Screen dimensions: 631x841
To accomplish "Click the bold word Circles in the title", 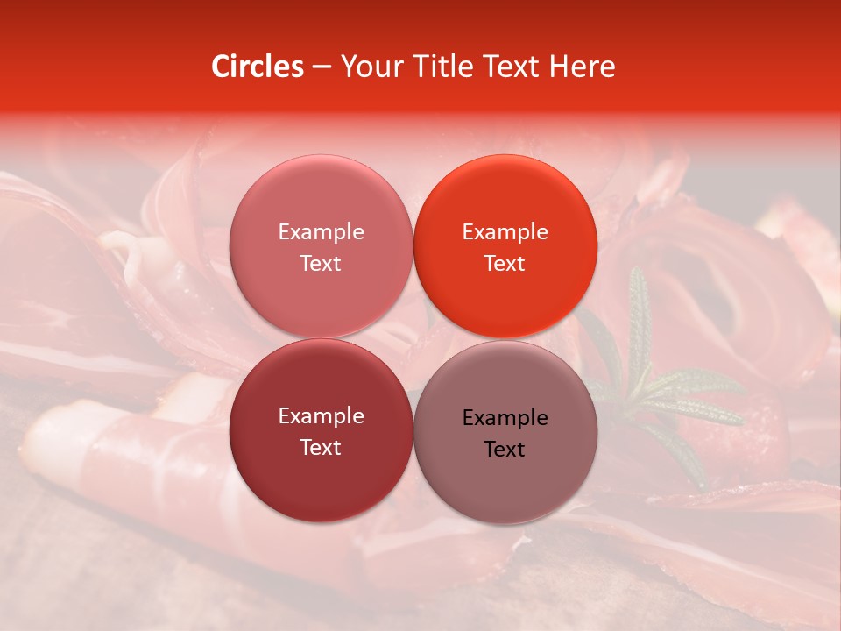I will click(x=257, y=67).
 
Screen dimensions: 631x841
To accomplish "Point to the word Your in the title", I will click(x=368, y=67).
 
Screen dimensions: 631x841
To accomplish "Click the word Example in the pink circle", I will click(x=321, y=232).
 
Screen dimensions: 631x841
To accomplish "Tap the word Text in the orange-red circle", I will click(x=505, y=264).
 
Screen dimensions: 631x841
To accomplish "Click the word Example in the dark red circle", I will click(x=321, y=416).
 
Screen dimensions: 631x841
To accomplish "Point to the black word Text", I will click(x=505, y=450).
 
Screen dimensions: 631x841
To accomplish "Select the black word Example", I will click(x=505, y=418).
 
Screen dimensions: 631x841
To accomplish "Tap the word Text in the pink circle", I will click(x=321, y=264).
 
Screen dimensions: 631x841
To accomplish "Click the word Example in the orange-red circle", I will click(x=505, y=232).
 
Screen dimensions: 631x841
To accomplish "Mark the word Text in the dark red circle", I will click(x=321, y=448).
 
